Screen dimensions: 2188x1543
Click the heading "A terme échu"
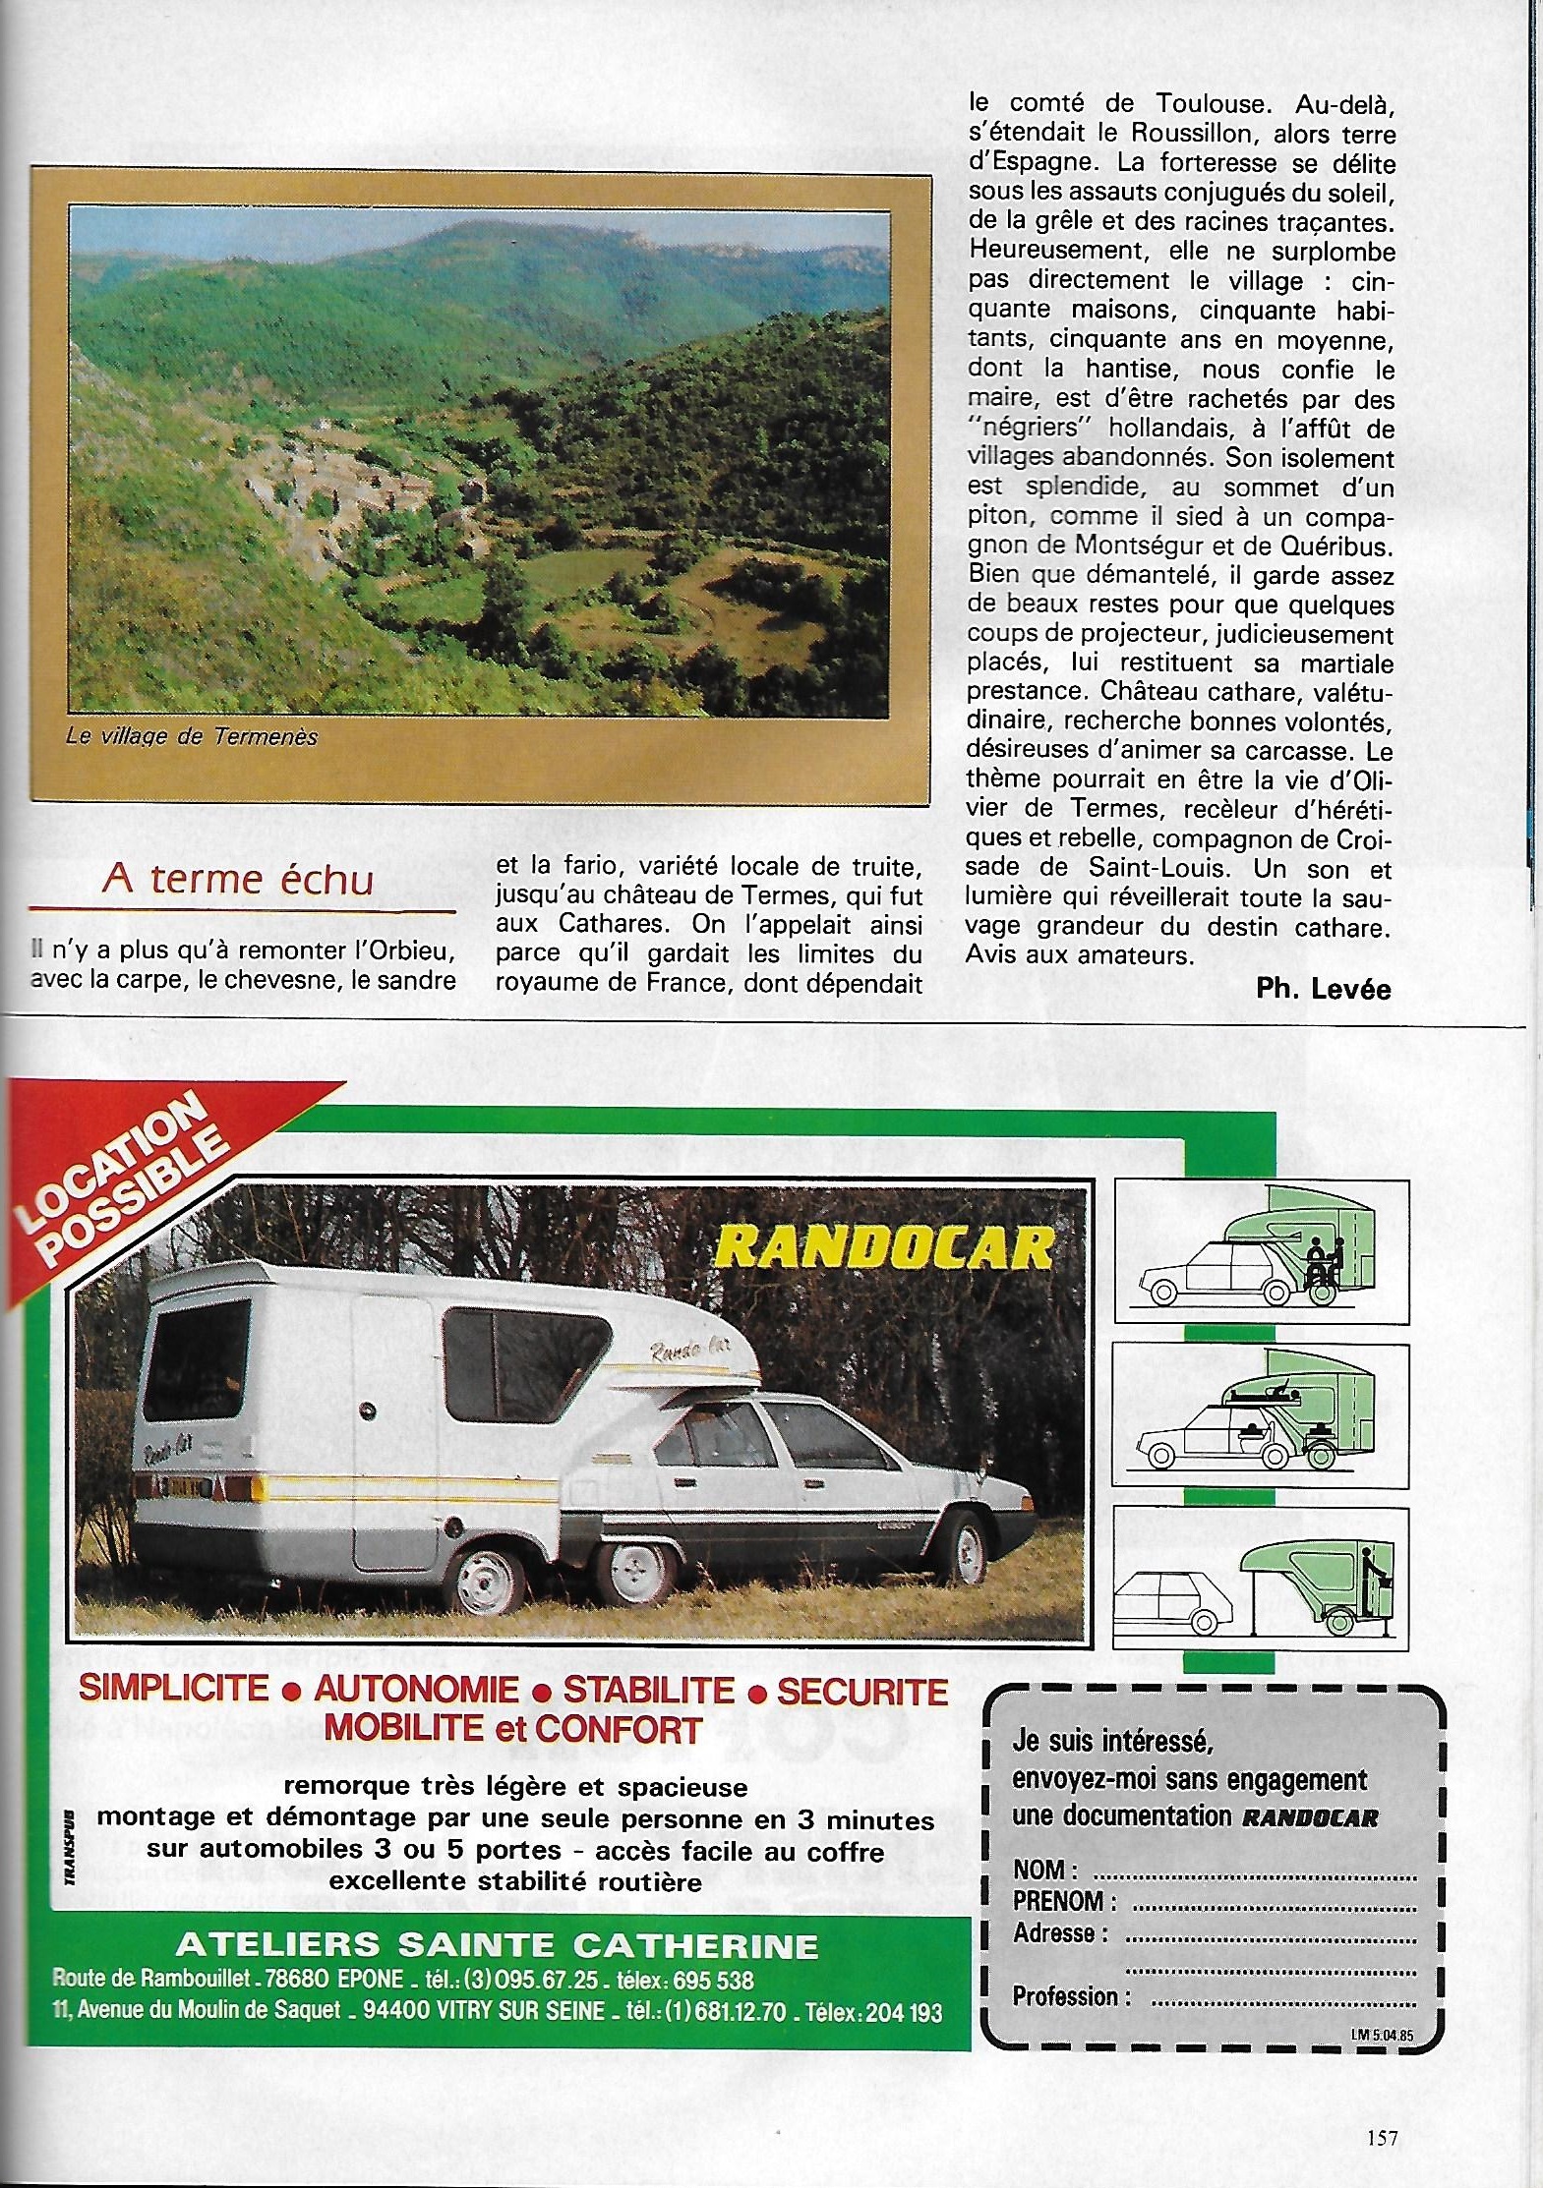click(237, 879)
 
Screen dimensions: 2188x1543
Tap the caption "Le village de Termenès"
click(192, 736)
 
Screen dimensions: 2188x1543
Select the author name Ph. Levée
click(1323, 989)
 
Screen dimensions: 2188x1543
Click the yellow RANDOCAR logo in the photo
click(883, 1247)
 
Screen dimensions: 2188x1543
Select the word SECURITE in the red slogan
click(861, 1691)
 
